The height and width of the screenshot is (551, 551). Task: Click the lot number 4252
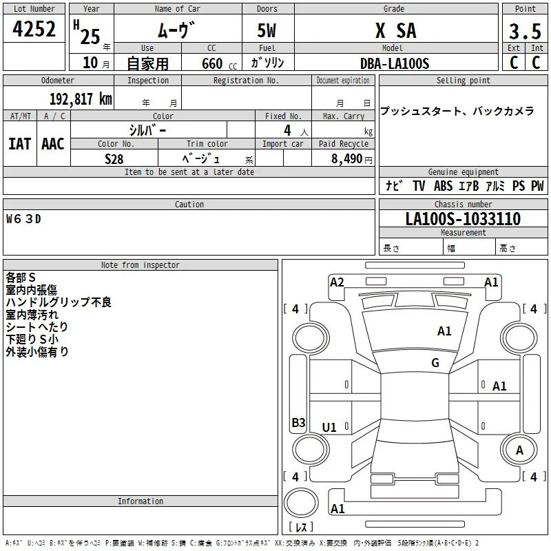[34, 29]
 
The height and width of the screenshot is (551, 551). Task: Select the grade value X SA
[396, 30]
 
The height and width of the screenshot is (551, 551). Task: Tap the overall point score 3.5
[525, 31]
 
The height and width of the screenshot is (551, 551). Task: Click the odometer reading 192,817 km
[81, 99]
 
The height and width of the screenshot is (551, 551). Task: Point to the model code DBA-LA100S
[395, 63]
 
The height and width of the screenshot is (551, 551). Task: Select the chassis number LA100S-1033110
[463, 218]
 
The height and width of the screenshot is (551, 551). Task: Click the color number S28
[114, 159]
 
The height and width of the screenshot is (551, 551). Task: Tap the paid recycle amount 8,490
[347, 158]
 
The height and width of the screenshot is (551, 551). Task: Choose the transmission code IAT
[20, 144]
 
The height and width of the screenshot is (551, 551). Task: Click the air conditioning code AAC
[53, 144]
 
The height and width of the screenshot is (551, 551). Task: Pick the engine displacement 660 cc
[219, 63]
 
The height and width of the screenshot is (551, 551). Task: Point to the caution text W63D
[23, 219]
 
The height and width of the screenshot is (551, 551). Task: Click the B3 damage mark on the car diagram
[298, 422]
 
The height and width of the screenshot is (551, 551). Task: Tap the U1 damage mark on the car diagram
[329, 427]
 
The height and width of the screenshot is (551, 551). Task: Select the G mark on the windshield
[435, 363]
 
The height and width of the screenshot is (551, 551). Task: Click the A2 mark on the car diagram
[337, 282]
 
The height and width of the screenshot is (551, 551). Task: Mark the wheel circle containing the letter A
[519, 450]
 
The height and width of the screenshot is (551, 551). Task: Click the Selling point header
[463, 81]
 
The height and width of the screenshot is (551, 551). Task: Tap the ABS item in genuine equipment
[443, 186]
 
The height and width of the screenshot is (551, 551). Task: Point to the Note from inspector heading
[141, 265]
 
